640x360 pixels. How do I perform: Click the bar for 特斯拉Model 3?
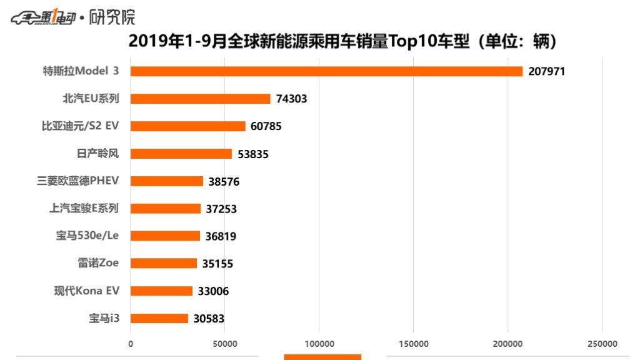tap(326, 71)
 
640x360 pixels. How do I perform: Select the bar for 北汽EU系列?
tap(200, 99)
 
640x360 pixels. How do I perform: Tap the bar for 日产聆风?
tap(181, 154)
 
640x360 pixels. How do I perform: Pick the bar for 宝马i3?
tap(159, 319)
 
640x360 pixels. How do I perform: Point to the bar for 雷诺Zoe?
tap(163, 264)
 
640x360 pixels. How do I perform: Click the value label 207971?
tap(546, 71)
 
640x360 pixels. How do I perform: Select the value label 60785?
tap(266, 126)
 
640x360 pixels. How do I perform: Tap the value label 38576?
tap(223, 181)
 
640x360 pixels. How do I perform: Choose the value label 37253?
tap(221, 209)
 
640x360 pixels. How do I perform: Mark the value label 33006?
tap(213, 291)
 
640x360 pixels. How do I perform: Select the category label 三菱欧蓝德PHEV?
tap(78, 181)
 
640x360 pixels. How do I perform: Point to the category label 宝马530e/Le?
tap(87, 236)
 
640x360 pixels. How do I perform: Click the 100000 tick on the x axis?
tap(319, 344)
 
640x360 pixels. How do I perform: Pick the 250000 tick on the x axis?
tap(601, 344)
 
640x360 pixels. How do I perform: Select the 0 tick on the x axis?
tap(131, 344)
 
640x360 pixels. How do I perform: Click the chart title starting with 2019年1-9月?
tap(342, 42)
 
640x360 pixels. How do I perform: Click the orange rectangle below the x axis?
tap(322, 357)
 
